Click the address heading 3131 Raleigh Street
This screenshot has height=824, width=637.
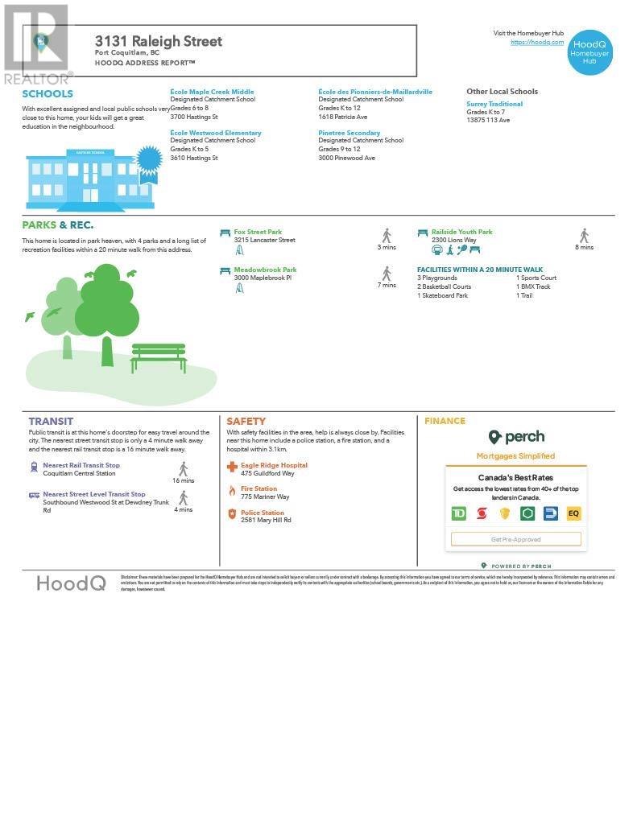point(158,41)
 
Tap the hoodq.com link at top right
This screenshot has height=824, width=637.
point(536,42)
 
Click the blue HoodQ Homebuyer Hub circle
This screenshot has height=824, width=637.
point(589,51)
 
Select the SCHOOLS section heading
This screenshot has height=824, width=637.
point(48,94)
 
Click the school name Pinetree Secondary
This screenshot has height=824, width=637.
point(349,133)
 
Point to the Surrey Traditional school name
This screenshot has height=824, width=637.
point(494,104)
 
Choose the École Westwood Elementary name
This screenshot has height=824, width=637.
point(215,133)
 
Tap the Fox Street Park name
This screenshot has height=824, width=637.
point(258,232)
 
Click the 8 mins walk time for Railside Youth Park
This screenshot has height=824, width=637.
point(584,247)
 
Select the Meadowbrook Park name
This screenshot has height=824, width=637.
point(265,270)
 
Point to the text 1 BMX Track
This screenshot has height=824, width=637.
point(533,286)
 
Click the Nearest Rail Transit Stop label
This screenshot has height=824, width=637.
point(81,465)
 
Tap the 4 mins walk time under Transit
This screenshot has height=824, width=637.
point(184,509)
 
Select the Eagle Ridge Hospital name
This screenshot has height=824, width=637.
point(274,465)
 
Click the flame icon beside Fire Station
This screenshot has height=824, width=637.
point(232,490)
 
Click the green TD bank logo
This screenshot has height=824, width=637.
point(458,513)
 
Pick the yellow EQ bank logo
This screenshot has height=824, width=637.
point(573,513)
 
